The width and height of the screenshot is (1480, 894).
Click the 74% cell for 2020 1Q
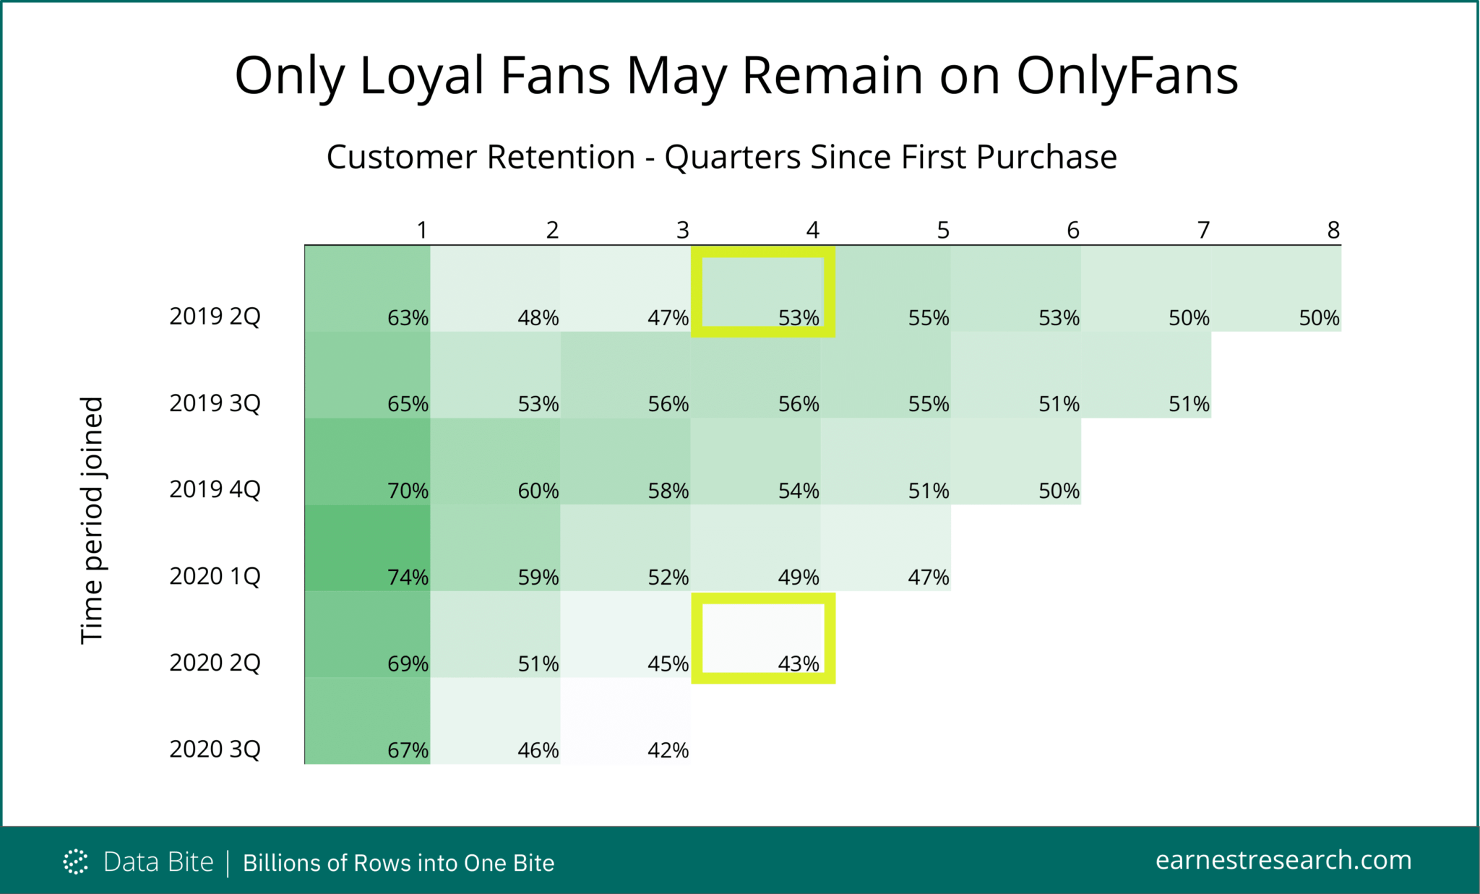367,548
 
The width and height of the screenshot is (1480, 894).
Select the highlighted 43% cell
763,638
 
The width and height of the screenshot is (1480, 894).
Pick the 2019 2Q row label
215,317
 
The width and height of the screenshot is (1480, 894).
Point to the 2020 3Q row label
215,749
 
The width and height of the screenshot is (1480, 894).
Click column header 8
1333,230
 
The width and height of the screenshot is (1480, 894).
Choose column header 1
422,230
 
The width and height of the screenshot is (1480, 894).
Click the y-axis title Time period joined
92,520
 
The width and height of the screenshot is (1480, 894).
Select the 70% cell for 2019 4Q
367,461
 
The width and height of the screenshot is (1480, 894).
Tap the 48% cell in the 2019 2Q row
496,289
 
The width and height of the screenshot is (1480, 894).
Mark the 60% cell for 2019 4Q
496,461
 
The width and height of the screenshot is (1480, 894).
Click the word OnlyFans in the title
1127,76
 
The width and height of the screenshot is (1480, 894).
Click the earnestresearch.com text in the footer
1283,860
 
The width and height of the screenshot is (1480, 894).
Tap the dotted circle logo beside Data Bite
75,861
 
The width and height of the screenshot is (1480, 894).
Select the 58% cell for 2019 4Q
626,461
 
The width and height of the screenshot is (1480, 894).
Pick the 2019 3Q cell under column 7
1146,375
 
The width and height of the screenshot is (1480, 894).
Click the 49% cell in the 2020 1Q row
756,548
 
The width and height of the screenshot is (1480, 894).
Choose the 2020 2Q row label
215,662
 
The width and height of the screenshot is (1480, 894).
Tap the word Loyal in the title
421,76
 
